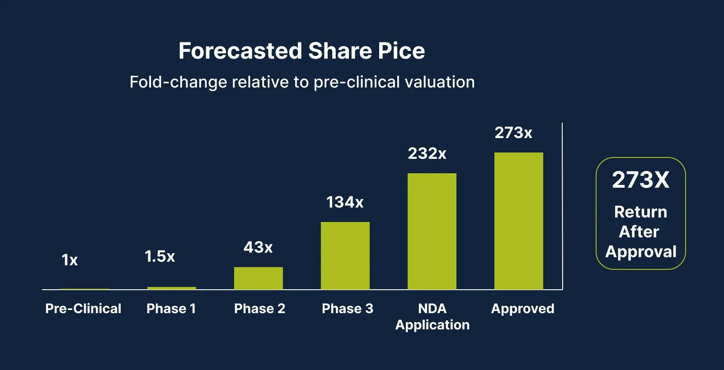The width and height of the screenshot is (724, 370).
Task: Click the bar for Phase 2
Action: (x=258, y=278)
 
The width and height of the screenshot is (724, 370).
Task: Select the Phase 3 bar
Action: (x=345, y=255)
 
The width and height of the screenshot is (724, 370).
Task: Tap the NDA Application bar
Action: (x=432, y=231)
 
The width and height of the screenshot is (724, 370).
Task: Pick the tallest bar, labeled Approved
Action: (x=518, y=221)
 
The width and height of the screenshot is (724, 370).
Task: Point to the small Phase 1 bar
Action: (x=171, y=288)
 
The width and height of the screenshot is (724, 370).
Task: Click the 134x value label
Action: (x=345, y=202)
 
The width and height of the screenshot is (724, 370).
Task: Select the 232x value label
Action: (x=427, y=154)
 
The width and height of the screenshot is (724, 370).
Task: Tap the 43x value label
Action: (x=258, y=247)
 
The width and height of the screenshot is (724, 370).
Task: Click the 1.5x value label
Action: (x=160, y=257)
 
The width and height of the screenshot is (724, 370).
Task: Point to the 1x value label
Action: (x=70, y=260)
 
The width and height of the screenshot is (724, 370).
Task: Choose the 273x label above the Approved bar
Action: (x=513, y=133)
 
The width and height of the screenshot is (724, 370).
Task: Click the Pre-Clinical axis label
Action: (x=83, y=309)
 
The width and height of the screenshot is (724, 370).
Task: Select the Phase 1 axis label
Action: (x=171, y=309)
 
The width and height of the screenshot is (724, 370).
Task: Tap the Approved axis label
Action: (x=522, y=309)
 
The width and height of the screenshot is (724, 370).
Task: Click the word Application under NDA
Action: (x=433, y=325)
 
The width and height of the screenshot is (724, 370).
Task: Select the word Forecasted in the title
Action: (x=240, y=51)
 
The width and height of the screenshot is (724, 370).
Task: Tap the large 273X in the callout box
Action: (x=640, y=180)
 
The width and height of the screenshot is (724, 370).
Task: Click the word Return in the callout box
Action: (x=640, y=212)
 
